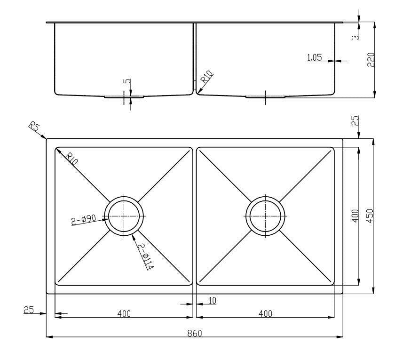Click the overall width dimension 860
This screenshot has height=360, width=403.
click(194, 333)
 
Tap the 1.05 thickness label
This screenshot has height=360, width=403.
click(314, 58)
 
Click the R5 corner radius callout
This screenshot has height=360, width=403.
click(33, 127)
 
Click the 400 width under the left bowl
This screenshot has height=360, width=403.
click(124, 313)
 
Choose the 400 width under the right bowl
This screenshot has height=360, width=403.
click(265, 313)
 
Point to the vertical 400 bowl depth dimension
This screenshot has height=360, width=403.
click(355, 216)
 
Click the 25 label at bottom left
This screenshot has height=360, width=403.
click(29, 310)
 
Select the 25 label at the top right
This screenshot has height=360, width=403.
click(355, 120)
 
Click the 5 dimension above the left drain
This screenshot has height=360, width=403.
click(126, 81)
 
